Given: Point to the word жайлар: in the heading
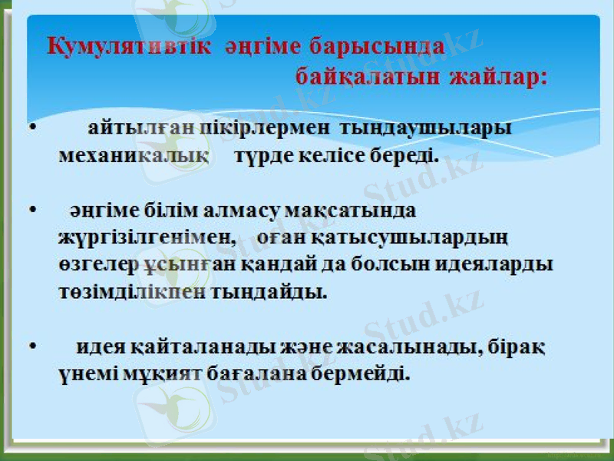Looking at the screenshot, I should point(499,78).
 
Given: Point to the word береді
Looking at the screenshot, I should point(405,155).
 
